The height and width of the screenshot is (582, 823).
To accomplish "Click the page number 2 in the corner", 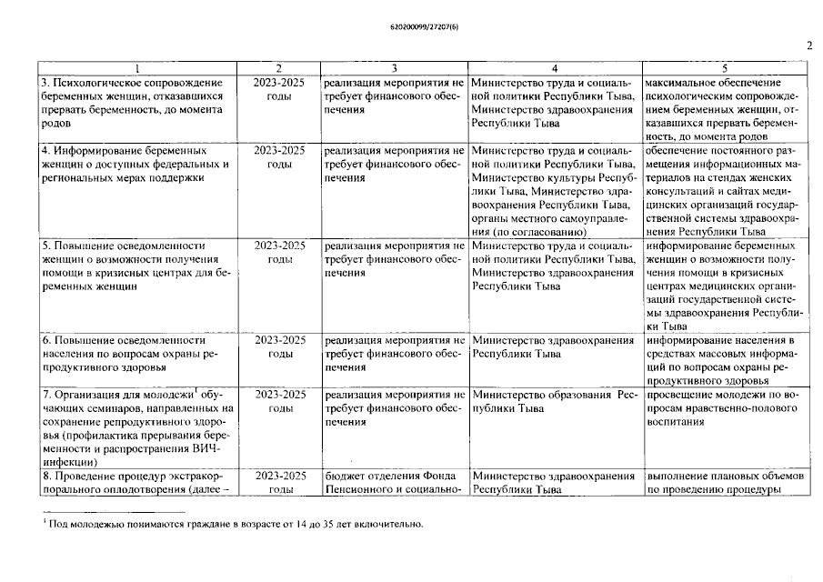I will coord(808,45).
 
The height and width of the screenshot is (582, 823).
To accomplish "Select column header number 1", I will coord(136,68).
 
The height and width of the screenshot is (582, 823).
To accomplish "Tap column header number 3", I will coord(394,68).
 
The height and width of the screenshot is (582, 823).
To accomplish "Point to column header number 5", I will coord(725,68).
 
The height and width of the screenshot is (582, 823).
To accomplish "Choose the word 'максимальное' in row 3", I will coord(682,83).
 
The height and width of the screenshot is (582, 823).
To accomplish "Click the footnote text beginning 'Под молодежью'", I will coord(236,525).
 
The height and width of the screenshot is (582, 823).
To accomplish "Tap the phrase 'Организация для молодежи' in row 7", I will coord(117,396).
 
